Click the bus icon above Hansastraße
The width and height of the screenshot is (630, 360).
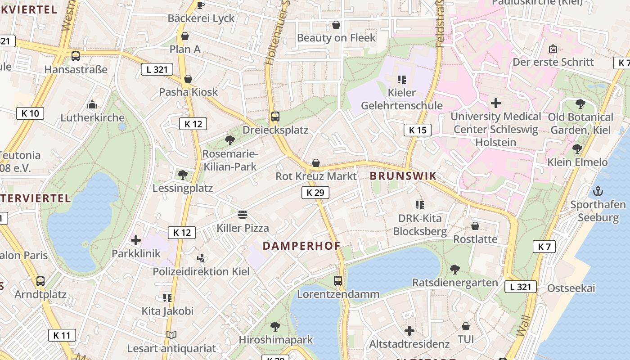[x=76, y=56]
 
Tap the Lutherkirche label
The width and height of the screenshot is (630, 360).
[x=93, y=117]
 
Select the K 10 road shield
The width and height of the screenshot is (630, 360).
[x=30, y=113]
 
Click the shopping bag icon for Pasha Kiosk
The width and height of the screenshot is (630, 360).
[x=188, y=79]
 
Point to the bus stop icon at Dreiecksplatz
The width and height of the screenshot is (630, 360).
[x=275, y=117]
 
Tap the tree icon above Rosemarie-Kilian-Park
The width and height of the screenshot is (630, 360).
[x=230, y=140]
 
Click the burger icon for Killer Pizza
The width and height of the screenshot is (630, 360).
[x=243, y=214]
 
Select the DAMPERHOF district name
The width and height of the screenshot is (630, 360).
[x=301, y=246]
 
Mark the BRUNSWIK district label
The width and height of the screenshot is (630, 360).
[x=403, y=176]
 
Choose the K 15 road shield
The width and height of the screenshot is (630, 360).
[x=417, y=130]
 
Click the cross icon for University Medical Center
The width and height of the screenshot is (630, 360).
[x=495, y=103]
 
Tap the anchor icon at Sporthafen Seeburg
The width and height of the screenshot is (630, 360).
[x=598, y=191]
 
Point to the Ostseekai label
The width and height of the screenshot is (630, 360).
[x=571, y=288]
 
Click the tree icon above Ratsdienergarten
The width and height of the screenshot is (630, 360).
[x=455, y=269]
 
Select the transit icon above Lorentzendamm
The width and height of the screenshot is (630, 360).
[x=338, y=281]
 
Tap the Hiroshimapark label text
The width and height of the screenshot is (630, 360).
[x=275, y=339]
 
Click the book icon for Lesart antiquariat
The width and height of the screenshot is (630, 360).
[x=171, y=335]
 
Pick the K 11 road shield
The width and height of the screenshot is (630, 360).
[x=62, y=335]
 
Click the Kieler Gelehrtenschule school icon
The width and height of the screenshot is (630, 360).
[x=402, y=80]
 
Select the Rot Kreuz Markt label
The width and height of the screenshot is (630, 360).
[x=316, y=176]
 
